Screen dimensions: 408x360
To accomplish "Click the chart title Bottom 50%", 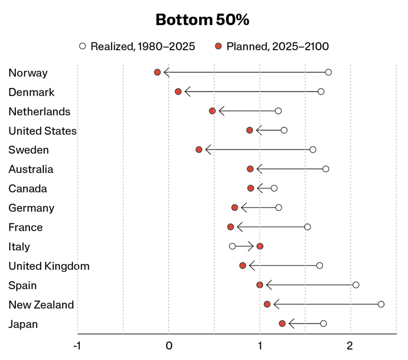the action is click(x=202, y=20).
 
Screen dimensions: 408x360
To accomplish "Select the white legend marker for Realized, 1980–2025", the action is click(x=82, y=46).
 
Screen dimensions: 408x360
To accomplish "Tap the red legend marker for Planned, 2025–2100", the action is click(x=218, y=46).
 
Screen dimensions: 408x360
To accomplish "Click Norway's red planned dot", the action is click(x=157, y=72).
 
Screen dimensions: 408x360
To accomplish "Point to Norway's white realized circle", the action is click(x=328, y=72).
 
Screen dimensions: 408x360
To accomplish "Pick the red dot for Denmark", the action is click(x=178, y=91).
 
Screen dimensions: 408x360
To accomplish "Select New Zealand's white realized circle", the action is click(x=381, y=304).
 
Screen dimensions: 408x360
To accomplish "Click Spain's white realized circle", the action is click(x=356, y=285).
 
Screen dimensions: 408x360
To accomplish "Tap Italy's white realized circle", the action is click(x=233, y=246).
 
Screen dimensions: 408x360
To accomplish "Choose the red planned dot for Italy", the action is click(x=259, y=246).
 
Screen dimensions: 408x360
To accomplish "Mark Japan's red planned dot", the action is click(x=282, y=324).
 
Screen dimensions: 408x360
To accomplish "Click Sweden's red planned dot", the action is click(x=199, y=150).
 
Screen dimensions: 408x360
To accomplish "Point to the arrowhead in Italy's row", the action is click(x=251, y=246).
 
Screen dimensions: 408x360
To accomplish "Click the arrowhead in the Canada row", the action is click(x=259, y=188).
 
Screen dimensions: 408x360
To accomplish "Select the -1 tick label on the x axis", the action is click(x=77, y=346).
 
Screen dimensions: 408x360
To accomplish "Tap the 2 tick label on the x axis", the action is click(x=350, y=346).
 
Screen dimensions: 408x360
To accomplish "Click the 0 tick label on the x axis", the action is click(x=169, y=346).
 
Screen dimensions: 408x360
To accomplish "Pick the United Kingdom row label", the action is click(x=49, y=266).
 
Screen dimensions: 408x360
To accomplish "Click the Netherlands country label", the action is click(x=39, y=112).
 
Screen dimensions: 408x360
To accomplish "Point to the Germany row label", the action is click(x=31, y=208).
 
